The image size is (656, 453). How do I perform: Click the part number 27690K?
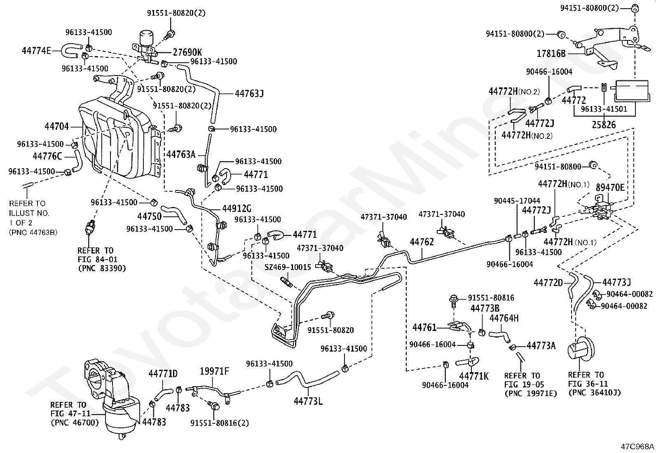click(187, 52)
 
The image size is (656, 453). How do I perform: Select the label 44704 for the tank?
click(57, 127)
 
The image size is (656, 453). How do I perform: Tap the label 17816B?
click(551, 53)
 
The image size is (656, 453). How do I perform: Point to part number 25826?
click(604, 124)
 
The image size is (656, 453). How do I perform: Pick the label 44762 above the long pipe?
click(422, 242)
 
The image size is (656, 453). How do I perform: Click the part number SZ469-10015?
click(288, 267)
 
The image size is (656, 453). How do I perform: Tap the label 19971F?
click(214, 371)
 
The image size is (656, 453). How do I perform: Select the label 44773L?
click(308, 400)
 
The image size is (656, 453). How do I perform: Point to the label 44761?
click(424, 328)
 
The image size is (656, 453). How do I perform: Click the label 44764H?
click(504, 318)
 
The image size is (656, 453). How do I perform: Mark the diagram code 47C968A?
click(637, 446)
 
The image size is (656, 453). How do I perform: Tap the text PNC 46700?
click(75, 422)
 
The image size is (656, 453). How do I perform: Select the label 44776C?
click(47, 156)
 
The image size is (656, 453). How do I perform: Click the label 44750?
click(149, 216)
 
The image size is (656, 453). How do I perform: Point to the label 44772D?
click(548, 283)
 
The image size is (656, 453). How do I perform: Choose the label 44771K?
click(473, 376)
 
